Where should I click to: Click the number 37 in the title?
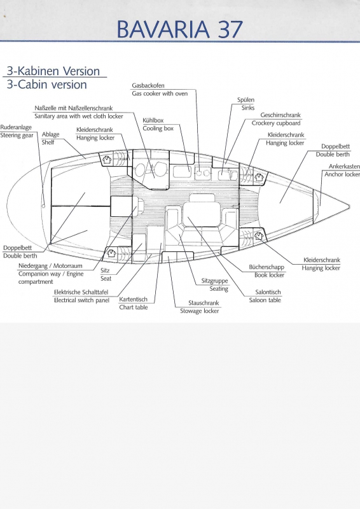click(x=230, y=29)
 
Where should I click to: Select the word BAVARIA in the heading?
click(x=163, y=29)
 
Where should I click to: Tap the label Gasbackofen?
click(x=148, y=86)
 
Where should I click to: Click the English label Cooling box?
click(x=158, y=129)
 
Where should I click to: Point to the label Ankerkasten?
click(x=344, y=166)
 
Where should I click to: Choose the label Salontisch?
click(x=268, y=292)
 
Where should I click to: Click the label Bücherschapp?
click(x=267, y=267)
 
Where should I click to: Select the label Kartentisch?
click(x=133, y=299)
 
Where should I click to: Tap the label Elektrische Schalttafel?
click(x=81, y=292)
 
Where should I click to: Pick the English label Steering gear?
click(x=17, y=136)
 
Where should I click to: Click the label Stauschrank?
click(x=204, y=303)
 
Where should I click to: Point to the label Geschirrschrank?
click(x=280, y=115)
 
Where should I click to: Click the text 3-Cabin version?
click(x=46, y=85)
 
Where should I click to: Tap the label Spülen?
click(x=246, y=100)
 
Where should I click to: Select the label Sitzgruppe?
click(x=214, y=281)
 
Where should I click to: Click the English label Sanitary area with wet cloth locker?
click(x=79, y=116)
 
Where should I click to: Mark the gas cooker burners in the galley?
click(x=202, y=173)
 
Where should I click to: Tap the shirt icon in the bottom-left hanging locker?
click(x=111, y=253)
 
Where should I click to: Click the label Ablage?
click(x=50, y=134)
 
